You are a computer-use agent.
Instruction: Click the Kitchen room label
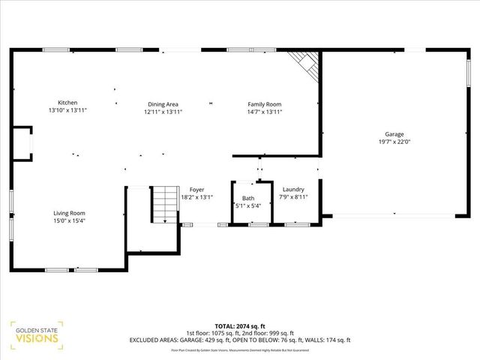coord(67,103)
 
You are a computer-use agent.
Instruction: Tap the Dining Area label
coord(163,104)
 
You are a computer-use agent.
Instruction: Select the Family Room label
coord(265,104)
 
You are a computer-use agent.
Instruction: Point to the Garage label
coord(394,134)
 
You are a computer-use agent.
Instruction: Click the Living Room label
coord(68,213)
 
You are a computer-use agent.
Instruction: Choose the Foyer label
coord(196,190)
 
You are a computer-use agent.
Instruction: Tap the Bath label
coord(247,198)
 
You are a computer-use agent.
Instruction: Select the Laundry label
coord(293,189)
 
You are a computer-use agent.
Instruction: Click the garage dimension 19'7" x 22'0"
coord(394,142)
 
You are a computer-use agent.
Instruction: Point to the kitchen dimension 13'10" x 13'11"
coord(67,111)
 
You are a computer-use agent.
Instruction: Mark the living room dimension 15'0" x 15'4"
coord(68,220)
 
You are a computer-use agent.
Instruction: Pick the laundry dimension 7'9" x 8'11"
coord(293,196)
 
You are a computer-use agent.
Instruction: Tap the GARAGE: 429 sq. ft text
coord(224,340)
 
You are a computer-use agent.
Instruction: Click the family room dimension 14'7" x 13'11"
coord(265,112)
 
